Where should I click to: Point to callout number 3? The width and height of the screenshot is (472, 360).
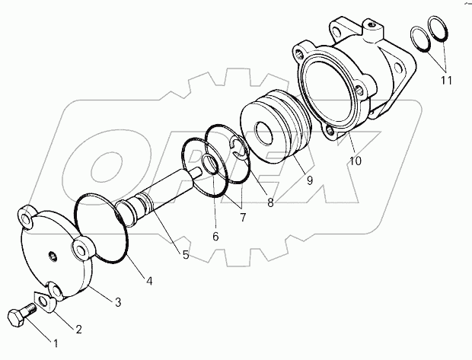coord(118,303)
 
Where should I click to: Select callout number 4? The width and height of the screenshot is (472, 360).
coord(149,281)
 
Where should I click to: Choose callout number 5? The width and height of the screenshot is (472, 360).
coord(186,255)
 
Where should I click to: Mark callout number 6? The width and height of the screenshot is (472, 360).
coord(215,237)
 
